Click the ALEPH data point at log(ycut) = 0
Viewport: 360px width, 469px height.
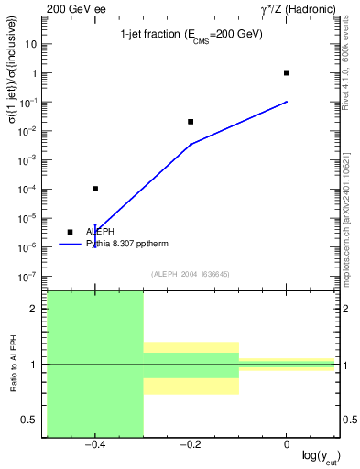pyautogui.click(x=287, y=72)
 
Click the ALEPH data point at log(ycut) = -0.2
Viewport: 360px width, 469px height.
pyautogui.click(x=191, y=121)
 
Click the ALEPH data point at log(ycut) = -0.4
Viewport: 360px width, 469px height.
pyautogui.click(x=95, y=189)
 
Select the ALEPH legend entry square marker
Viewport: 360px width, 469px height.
pyautogui.click(x=71, y=232)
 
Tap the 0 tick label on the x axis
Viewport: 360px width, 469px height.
pyautogui.click(x=287, y=444)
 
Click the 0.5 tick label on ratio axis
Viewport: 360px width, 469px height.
pyautogui.click(x=32, y=420)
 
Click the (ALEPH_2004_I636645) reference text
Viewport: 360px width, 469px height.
pyautogui.click(x=191, y=273)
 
